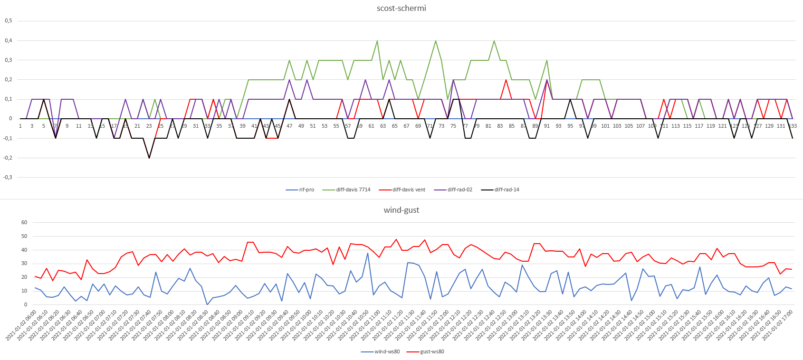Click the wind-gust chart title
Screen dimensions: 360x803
point(401,210)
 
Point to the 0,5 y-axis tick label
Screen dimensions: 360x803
point(9,21)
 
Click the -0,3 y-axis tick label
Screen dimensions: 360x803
point(8,177)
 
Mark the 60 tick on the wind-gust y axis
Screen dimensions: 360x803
point(24,222)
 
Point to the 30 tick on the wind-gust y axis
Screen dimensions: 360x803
point(24,264)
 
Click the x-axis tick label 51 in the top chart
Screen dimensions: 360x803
point(313,126)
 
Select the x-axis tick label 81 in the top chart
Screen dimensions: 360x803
point(488,126)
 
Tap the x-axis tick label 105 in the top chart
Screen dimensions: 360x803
point(629,126)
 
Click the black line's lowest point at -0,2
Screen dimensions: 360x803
point(149,158)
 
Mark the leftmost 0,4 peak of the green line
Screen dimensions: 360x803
point(377,41)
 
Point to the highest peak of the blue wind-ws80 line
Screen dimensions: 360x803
point(368,253)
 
